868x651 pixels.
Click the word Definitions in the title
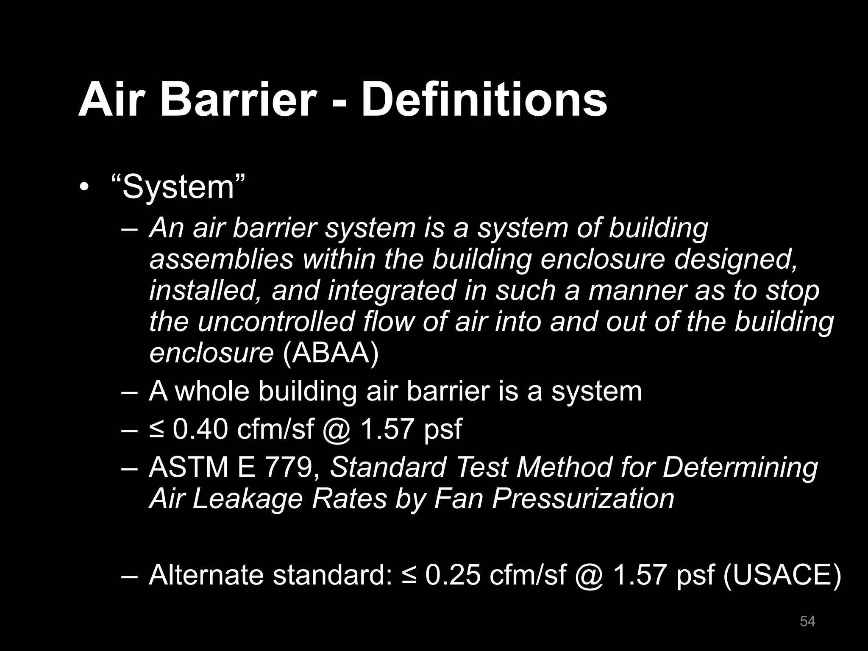484,100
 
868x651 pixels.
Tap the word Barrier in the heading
238,100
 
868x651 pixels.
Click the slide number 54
807,621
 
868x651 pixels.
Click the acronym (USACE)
782,575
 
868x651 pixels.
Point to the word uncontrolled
276,322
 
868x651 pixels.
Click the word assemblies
221,259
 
